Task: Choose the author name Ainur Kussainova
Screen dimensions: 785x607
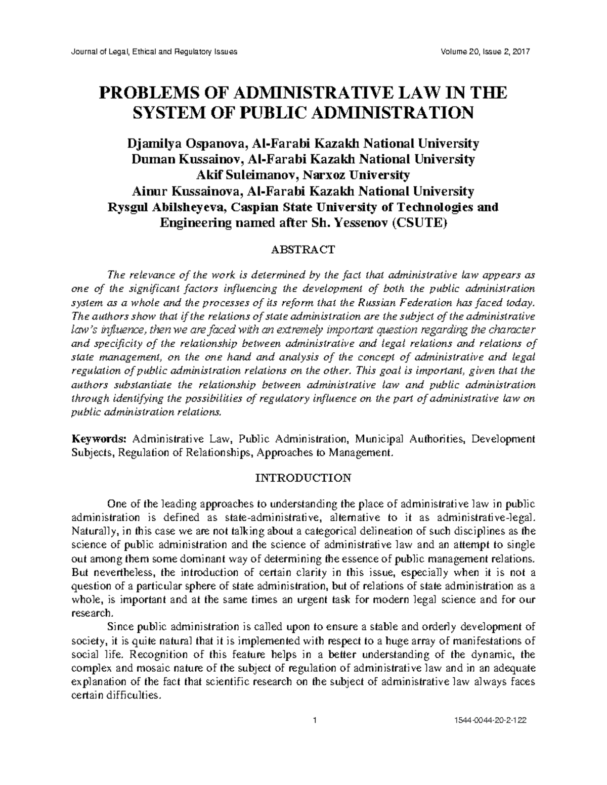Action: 188,191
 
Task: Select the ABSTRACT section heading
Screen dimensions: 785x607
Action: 303,250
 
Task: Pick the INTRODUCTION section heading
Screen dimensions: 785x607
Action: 303,478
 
